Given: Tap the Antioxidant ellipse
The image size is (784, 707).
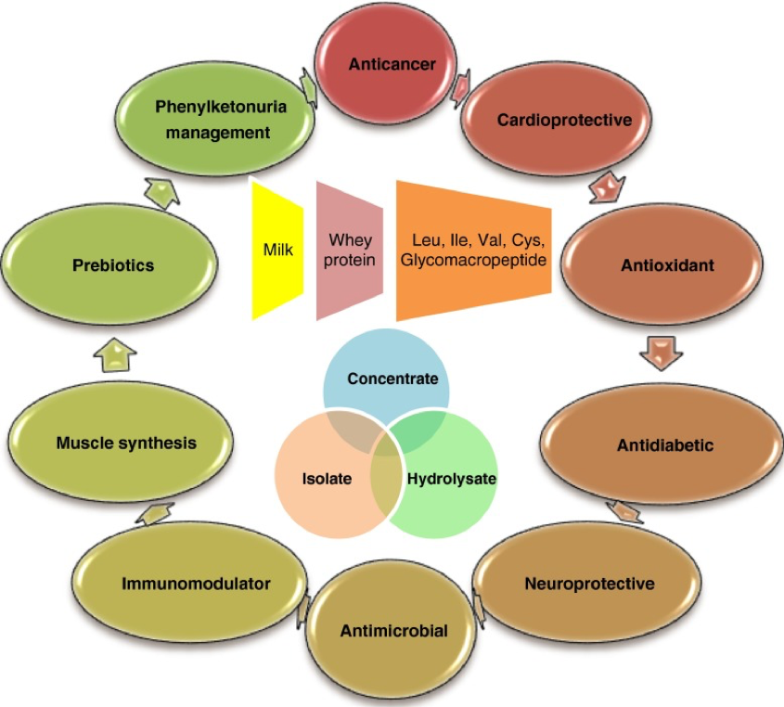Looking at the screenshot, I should (x=667, y=266).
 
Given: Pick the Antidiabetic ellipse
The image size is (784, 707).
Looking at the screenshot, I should (x=664, y=445).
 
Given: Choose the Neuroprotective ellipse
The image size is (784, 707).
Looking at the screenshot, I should (x=589, y=584).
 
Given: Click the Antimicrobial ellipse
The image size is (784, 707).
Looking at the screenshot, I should (x=393, y=632).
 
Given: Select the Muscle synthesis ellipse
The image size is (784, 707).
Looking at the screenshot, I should (x=126, y=443).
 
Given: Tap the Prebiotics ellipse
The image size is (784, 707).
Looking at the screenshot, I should (x=113, y=266).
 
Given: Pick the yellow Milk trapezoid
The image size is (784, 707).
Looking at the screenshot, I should (x=277, y=250).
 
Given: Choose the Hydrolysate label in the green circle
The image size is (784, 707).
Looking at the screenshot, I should (x=452, y=480).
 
